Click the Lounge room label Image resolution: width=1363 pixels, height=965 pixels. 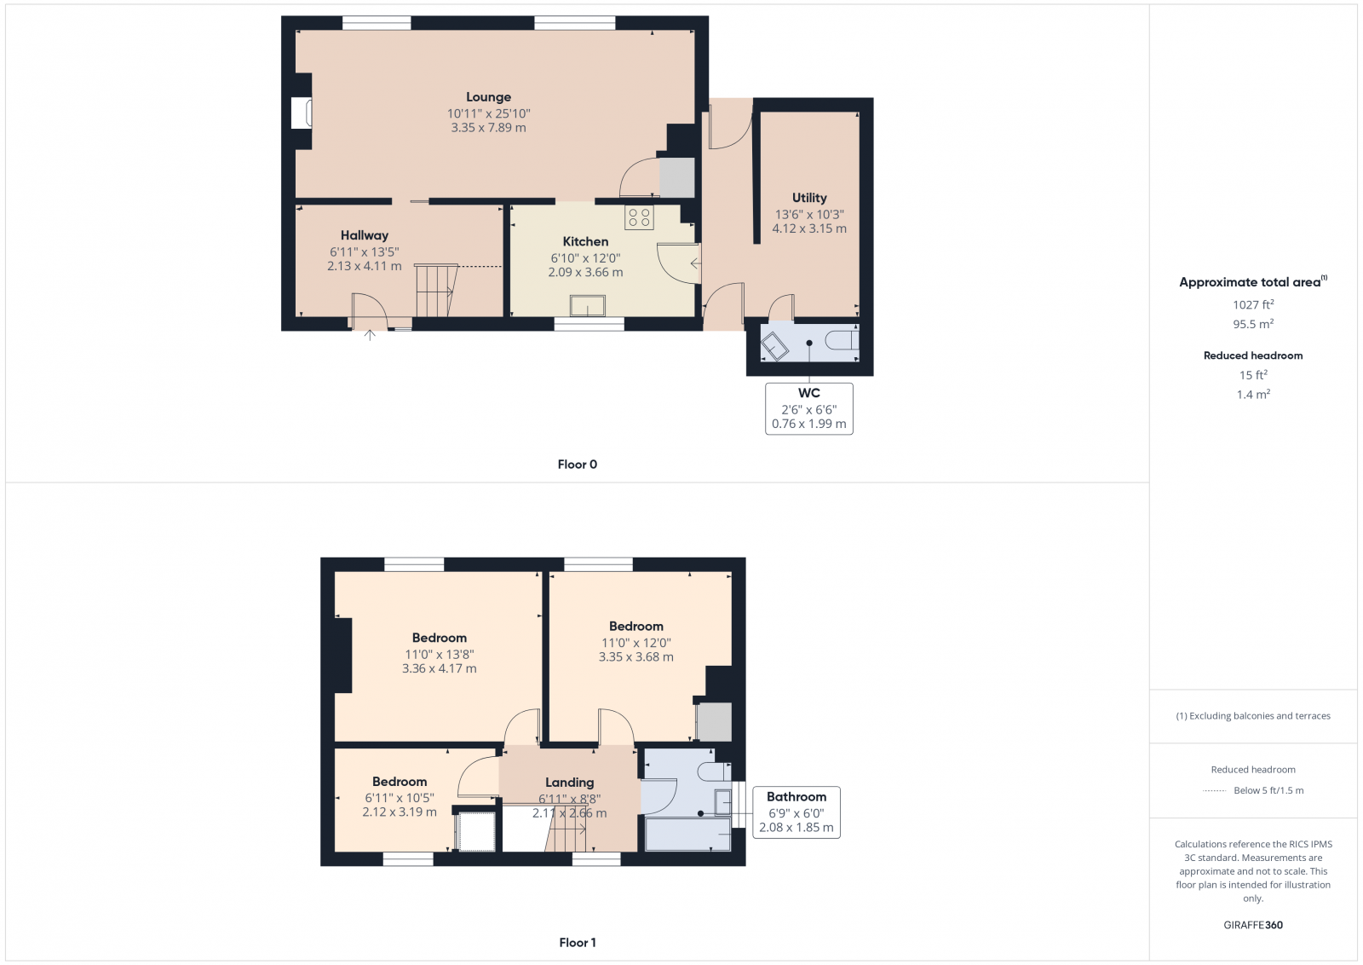pyautogui.click(x=488, y=97)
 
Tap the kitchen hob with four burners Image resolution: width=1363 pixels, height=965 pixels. pyautogui.click(x=639, y=217)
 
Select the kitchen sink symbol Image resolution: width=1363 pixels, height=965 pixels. pyautogui.click(x=588, y=305)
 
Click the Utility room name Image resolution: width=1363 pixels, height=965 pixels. pyautogui.click(x=809, y=198)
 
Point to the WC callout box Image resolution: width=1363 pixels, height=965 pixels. pyautogui.click(x=808, y=408)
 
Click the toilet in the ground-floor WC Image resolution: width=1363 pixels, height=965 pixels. pyautogui.click(x=842, y=341)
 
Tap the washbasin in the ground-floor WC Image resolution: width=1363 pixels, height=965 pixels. pyautogui.click(x=774, y=346)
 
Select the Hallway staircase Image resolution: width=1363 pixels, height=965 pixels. pyautogui.click(x=435, y=291)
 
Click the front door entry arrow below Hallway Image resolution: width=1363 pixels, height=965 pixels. pyautogui.click(x=370, y=335)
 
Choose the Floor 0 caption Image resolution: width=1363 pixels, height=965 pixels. pyautogui.click(x=577, y=465)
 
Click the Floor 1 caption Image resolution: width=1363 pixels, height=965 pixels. pyautogui.click(x=578, y=943)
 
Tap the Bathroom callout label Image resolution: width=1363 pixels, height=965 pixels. pyautogui.click(x=797, y=797)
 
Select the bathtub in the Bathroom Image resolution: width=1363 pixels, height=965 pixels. pyautogui.click(x=687, y=835)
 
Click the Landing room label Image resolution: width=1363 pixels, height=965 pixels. pyautogui.click(x=569, y=783)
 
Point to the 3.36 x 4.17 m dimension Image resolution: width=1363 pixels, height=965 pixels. pyautogui.click(x=439, y=668)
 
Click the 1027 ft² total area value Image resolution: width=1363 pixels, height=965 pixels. pyautogui.click(x=1253, y=304)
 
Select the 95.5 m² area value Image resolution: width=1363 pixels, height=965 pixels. pyautogui.click(x=1253, y=324)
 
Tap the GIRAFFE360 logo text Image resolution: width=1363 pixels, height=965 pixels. pyautogui.click(x=1253, y=925)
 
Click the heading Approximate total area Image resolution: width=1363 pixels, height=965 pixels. pyautogui.click(x=1250, y=282)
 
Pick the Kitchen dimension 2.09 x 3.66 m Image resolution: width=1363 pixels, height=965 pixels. pyautogui.click(x=585, y=273)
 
